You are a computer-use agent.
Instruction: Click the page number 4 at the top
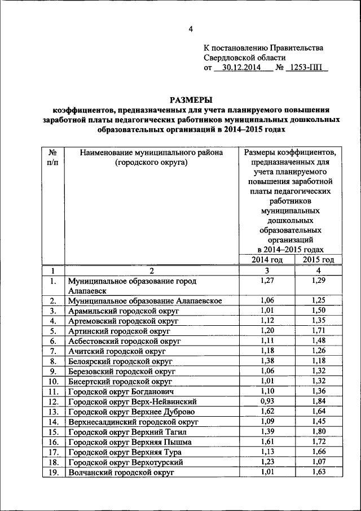coord(190,29)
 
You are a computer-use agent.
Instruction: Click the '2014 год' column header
coord(267,259)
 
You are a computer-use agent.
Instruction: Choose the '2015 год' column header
coord(319,259)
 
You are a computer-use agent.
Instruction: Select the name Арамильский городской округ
coord(122,311)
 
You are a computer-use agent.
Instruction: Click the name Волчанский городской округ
coord(122,473)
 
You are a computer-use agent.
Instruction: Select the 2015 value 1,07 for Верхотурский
coord(319,462)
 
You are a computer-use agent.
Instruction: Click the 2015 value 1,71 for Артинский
coord(319,330)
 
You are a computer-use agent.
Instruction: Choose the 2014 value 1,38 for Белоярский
coord(267,360)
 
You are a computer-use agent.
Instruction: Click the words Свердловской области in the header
coord(244,58)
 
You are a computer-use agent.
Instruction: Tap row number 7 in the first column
coord(52,351)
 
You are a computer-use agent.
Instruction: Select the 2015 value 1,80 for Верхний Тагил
coord(319,431)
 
